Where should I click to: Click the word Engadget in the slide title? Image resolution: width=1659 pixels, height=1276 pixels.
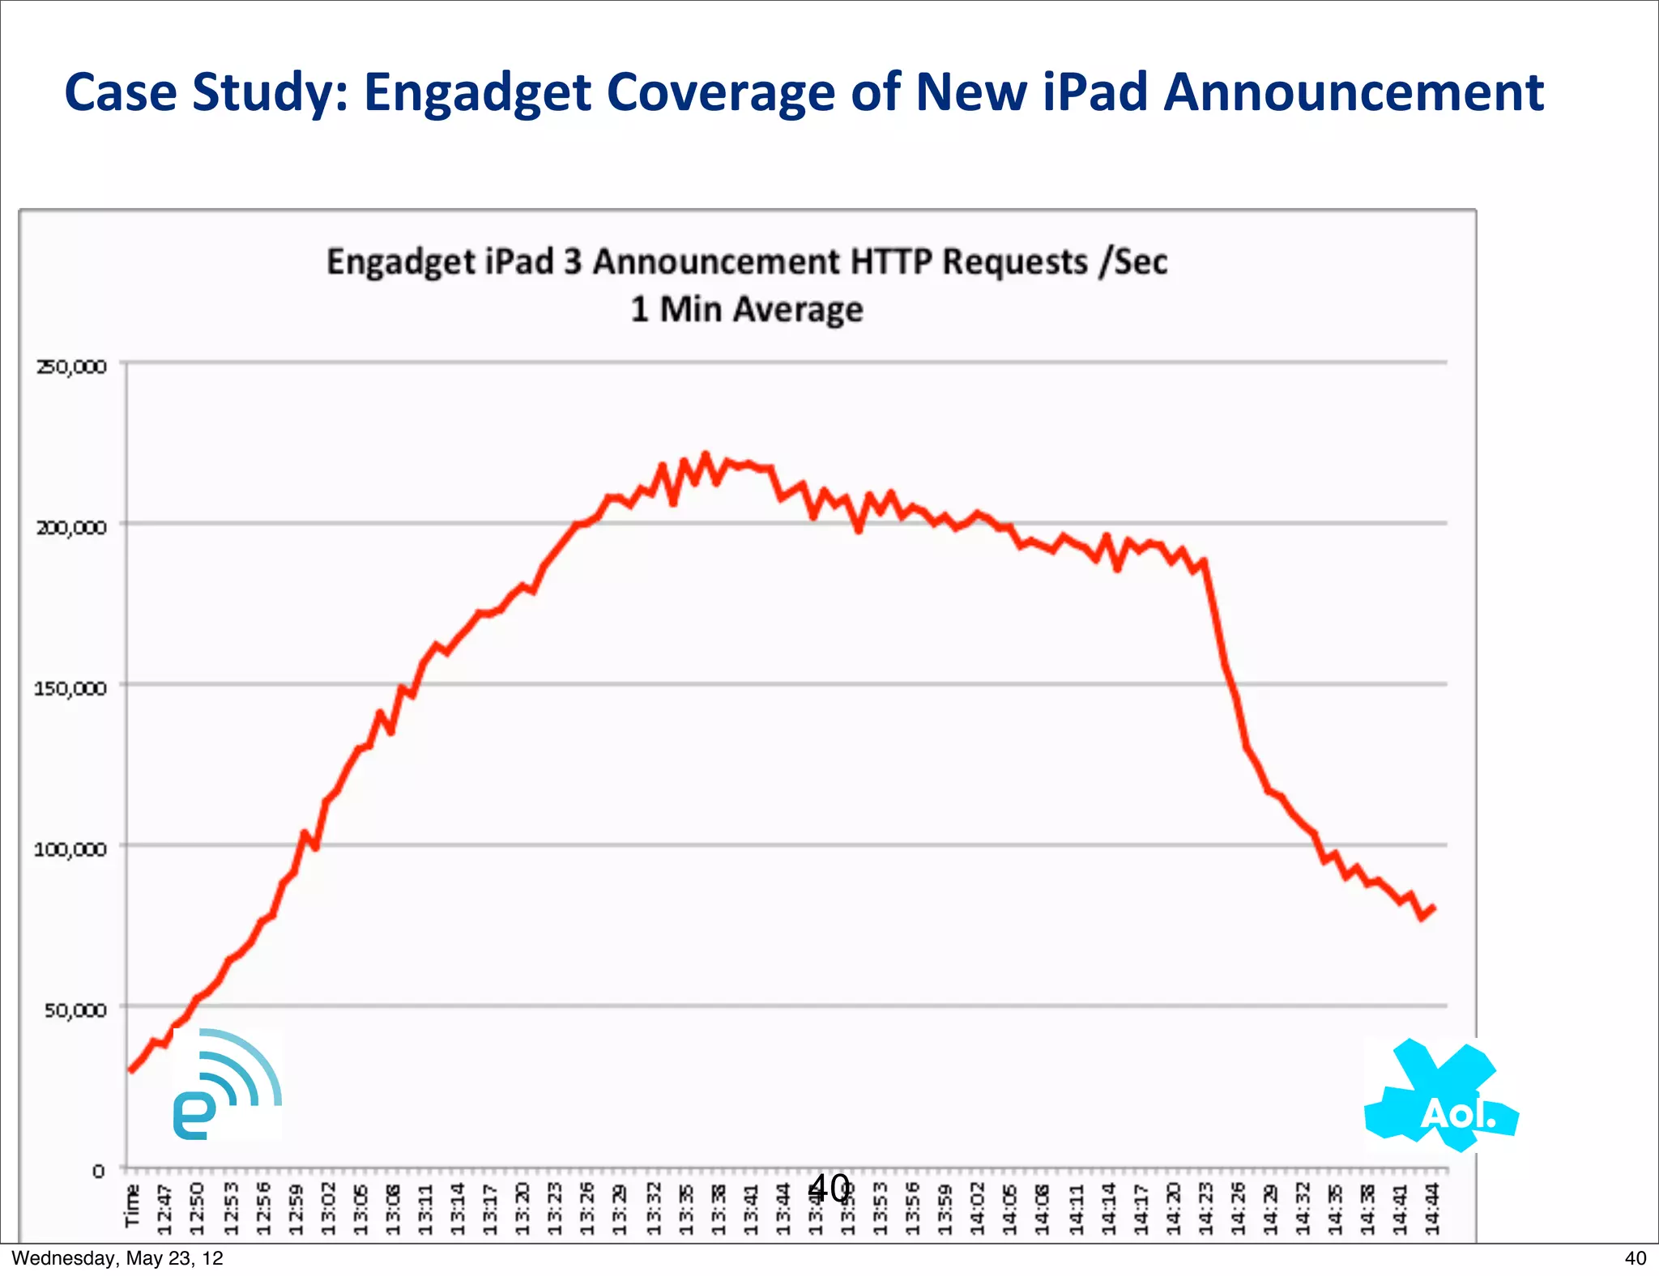click(x=478, y=93)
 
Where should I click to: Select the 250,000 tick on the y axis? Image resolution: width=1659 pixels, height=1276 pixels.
click(x=71, y=367)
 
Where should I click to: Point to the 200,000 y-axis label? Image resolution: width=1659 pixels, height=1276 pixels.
click(x=71, y=528)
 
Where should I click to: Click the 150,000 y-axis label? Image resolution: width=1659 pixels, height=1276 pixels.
click(x=70, y=689)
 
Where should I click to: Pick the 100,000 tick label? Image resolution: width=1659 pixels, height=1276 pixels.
click(x=70, y=849)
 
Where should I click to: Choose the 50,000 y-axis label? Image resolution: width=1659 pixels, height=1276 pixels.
click(x=75, y=1010)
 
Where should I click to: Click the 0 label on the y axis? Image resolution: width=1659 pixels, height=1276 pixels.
click(x=98, y=1171)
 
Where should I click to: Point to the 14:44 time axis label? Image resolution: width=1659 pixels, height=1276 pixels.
click(x=1432, y=1209)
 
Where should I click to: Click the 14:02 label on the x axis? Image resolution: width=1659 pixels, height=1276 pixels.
click(x=978, y=1209)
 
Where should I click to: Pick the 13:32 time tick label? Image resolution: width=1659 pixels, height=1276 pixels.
click(x=653, y=1209)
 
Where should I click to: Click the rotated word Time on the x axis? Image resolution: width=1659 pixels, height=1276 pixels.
click(x=132, y=1206)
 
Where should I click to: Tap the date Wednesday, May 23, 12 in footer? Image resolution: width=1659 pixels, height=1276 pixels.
click(x=117, y=1258)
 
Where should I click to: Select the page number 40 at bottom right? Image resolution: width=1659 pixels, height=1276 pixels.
click(x=1635, y=1258)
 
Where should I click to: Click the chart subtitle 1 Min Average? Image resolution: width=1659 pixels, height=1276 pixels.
click(x=747, y=309)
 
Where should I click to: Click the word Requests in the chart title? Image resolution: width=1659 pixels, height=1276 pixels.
click(x=1015, y=262)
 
